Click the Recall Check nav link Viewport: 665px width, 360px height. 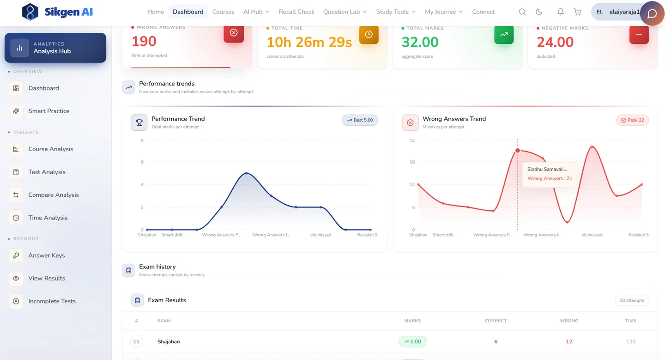pos(296,12)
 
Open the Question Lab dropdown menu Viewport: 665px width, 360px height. pos(345,12)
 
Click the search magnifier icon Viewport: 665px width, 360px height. pos(522,12)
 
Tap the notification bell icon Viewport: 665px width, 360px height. pos(560,12)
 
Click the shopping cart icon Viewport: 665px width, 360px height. pos(577,12)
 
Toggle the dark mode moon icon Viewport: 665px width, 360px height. pos(539,12)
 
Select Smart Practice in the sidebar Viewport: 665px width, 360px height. pos(48,111)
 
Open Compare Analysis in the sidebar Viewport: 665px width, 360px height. pos(54,195)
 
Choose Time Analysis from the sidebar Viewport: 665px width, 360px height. pos(48,218)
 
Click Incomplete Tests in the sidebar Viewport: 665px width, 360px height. pos(52,301)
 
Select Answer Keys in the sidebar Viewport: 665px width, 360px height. pos(46,256)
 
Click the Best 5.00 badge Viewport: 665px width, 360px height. pos(359,120)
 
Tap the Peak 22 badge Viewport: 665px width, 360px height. pos(632,120)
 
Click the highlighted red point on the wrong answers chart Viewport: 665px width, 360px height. pos(517,151)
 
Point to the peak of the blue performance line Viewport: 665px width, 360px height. pos(247,173)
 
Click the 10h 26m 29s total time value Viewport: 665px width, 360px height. pos(309,42)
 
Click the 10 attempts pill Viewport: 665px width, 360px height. pos(632,300)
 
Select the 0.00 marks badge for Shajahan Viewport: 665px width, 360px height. pos(412,342)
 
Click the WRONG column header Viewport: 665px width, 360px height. pos(569,321)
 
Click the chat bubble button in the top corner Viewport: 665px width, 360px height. pos(652,13)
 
